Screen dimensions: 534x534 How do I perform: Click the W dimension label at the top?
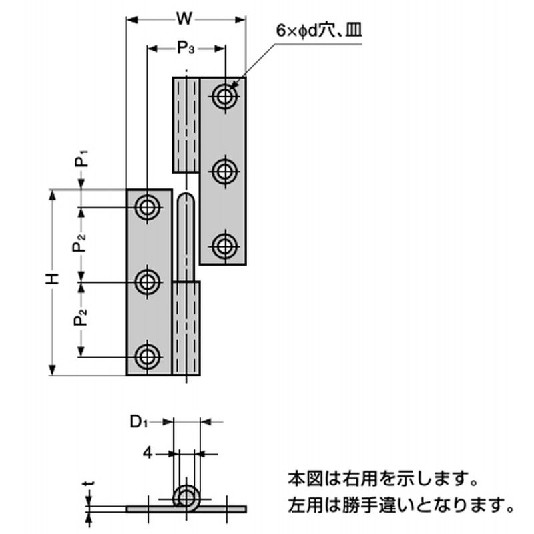tap(185, 19)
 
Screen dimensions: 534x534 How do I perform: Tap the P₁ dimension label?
tap(81, 160)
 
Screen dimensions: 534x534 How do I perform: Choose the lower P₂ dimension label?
tap(81, 319)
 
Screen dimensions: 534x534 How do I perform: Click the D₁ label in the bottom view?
tap(138, 421)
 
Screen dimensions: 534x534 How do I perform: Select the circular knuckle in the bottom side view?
tap(186, 497)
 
